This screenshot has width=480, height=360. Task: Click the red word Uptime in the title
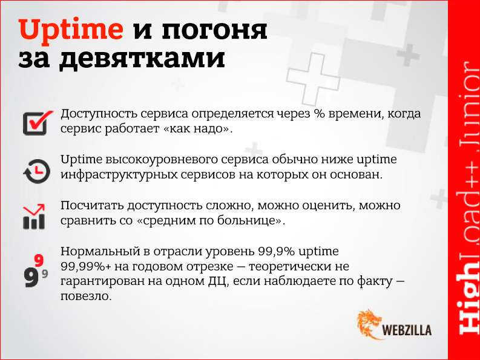point(71,30)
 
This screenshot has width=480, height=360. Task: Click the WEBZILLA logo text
point(407,330)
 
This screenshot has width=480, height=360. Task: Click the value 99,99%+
point(85,266)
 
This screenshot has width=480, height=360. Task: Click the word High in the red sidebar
point(464,303)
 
